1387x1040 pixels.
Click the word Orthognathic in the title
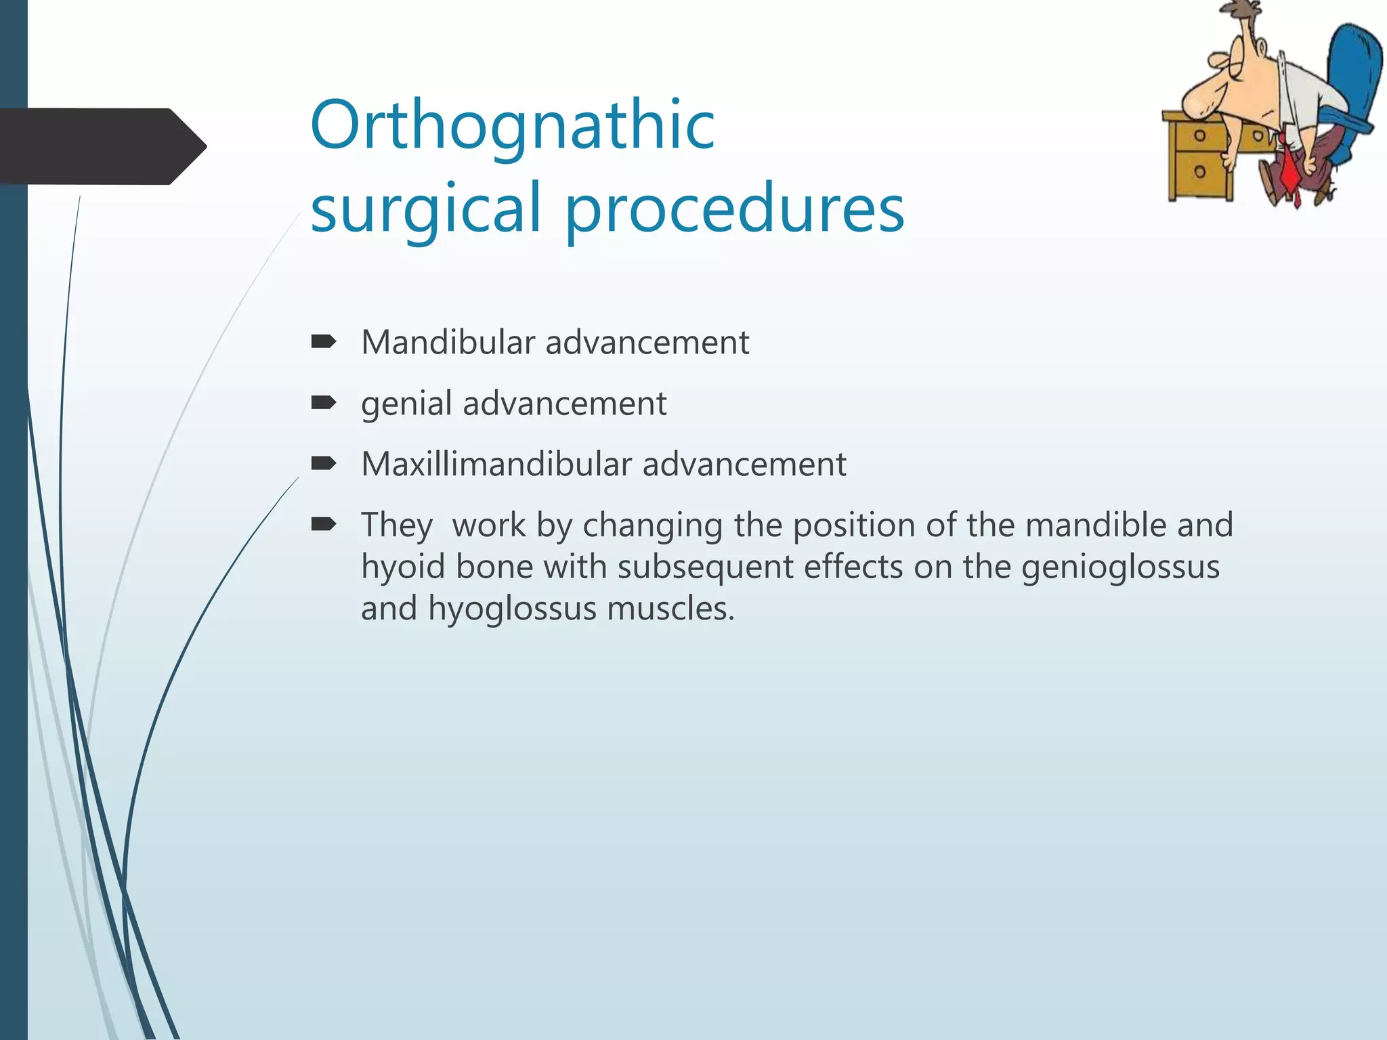(x=512, y=127)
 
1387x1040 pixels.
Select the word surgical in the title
(x=425, y=209)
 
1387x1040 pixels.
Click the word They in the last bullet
(x=396, y=525)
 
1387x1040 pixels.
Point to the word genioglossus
(x=1120, y=567)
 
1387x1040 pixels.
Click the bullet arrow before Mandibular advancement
(x=324, y=342)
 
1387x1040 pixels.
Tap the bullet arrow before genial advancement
(x=324, y=404)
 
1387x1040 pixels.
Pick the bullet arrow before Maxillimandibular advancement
(x=324, y=464)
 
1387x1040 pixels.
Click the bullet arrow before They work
(x=324, y=524)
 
